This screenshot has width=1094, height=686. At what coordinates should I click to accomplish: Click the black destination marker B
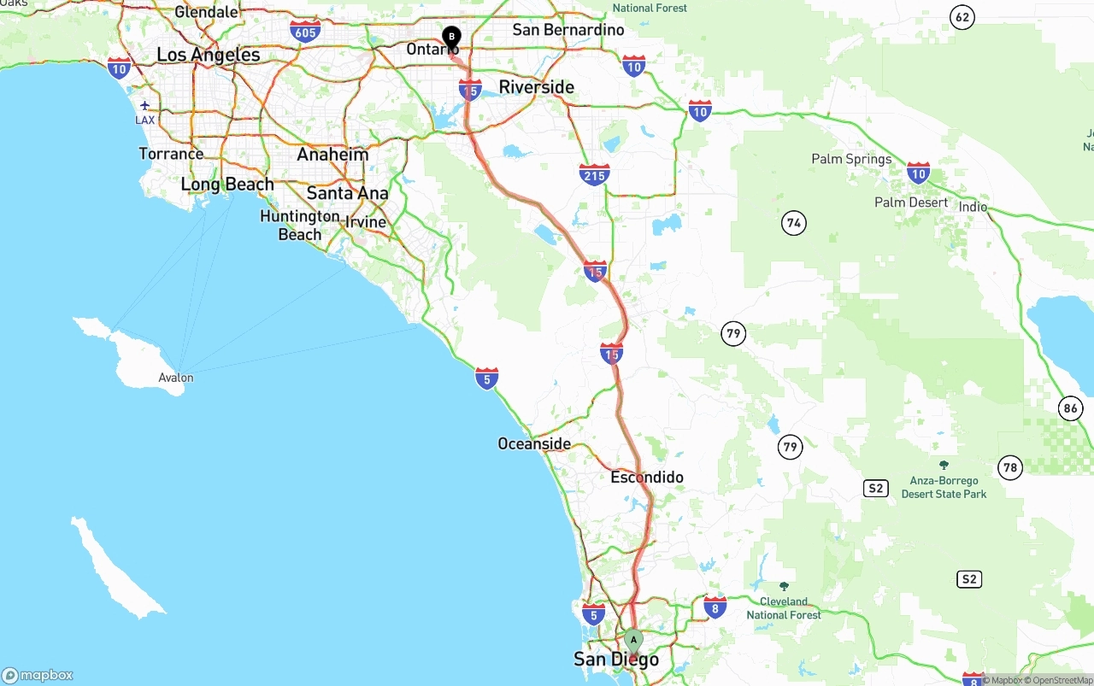click(x=451, y=37)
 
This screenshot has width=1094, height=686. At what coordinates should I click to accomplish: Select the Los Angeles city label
click(x=209, y=55)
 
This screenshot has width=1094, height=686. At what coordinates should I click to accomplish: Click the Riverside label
click(x=537, y=87)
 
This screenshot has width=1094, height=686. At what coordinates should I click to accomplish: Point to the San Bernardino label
click(x=568, y=30)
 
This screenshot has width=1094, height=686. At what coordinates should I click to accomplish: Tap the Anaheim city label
click(x=332, y=155)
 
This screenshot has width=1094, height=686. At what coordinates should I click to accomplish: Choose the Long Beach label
click(x=227, y=185)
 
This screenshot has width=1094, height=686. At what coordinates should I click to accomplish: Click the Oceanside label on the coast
click(x=534, y=443)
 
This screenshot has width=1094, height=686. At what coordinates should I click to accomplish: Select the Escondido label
click(x=647, y=477)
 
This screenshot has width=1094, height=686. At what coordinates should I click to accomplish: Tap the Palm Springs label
click(x=851, y=159)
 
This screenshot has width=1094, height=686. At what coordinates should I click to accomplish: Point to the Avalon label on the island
click(x=176, y=378)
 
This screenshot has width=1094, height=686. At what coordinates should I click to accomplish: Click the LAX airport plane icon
click(x=145, y=105)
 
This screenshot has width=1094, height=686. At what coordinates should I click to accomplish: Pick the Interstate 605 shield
click(x=305, y=32)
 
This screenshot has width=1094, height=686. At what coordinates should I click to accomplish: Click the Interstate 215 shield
click(x=594, y=175)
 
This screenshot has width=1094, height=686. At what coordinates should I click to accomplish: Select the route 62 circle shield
click(x=963, y=17)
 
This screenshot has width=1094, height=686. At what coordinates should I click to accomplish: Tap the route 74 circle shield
click(x=794, y=224)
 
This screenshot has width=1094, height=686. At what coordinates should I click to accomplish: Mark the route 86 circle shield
click(x=1071, y=408)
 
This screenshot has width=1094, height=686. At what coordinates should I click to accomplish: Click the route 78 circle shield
click(x=1011, y=467)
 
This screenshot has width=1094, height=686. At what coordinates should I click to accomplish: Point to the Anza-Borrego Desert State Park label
click(x=944, y=487)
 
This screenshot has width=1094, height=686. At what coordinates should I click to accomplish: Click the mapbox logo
click(x=38, y=675)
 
